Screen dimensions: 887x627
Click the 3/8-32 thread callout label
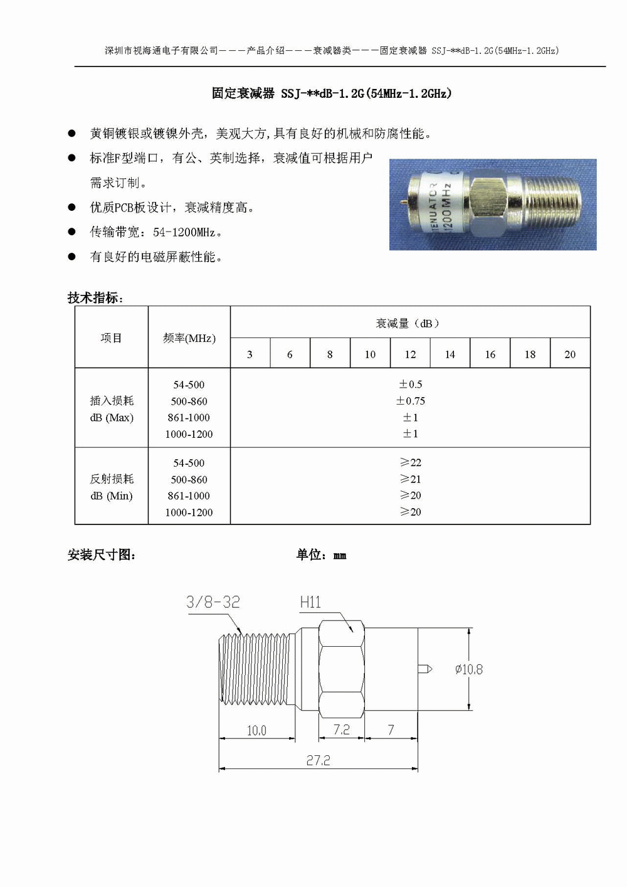pyautogui.click(x=213, y=602)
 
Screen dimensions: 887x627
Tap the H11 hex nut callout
pyautogui.click(x=310, y=603)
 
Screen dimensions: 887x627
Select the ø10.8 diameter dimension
pyautogui.click(x=469, y=670)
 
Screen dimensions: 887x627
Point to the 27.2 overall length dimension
pyautogui.click(x=318, y=760)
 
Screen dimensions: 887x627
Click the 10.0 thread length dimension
pyautogui.click(x=256, y=730)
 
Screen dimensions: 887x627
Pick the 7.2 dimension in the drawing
pyautogui.click(x=341, y=730)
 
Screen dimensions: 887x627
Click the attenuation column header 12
pyautogui.click(x=410, y=354)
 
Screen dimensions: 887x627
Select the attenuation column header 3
pyautogui.click(x=250, y=354)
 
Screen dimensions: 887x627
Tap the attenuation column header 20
pyautogui.click(x=570, y=354)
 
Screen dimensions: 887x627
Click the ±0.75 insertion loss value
pyautogui.click(x=411, y=401)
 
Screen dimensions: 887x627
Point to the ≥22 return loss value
pyautogui.click(x=411, y=462)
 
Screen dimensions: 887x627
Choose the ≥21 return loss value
pyautogui.click(x=411, y=479)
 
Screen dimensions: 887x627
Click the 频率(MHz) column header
pyautogui.click(x=189, y=338)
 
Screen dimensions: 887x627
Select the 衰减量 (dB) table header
pyautogui.click(x=408, y=323)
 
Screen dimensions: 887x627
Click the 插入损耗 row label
pyautogui.click(x=112, y=401)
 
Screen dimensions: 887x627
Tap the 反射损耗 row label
pyautogui.click(x=112, y=479)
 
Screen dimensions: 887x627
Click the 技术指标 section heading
pyautogui.click(x=95, y=297)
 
